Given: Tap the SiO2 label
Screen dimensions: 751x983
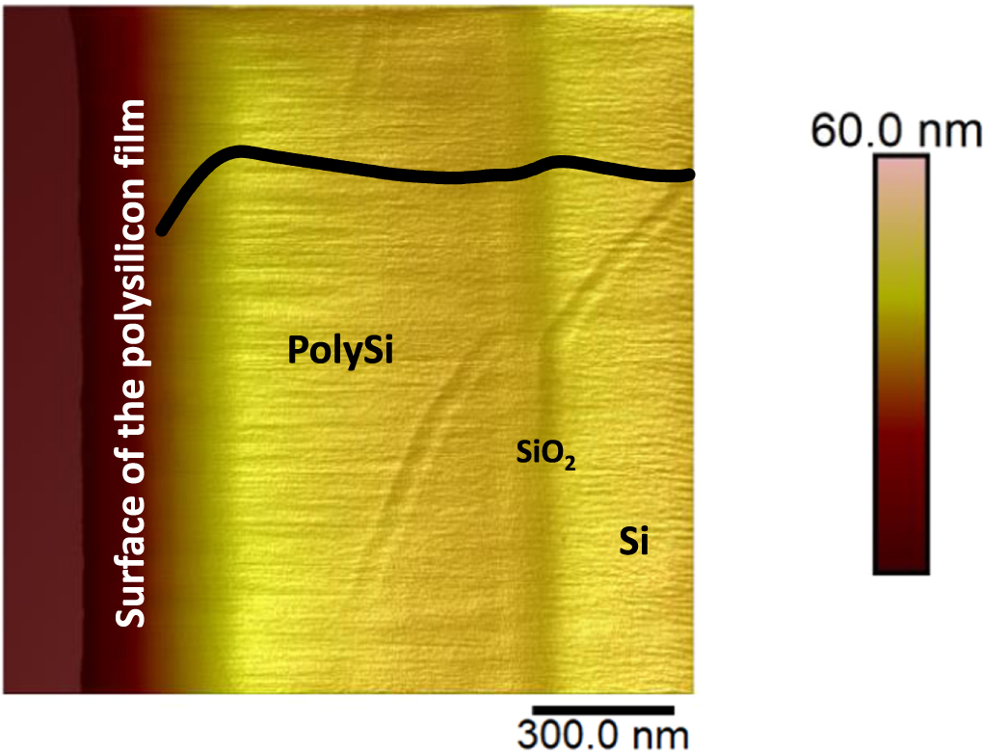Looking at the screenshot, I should coord(545,454).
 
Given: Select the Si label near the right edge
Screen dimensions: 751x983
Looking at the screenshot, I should coord(633,543).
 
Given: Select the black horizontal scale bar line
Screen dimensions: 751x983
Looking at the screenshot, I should coord(589,711).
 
